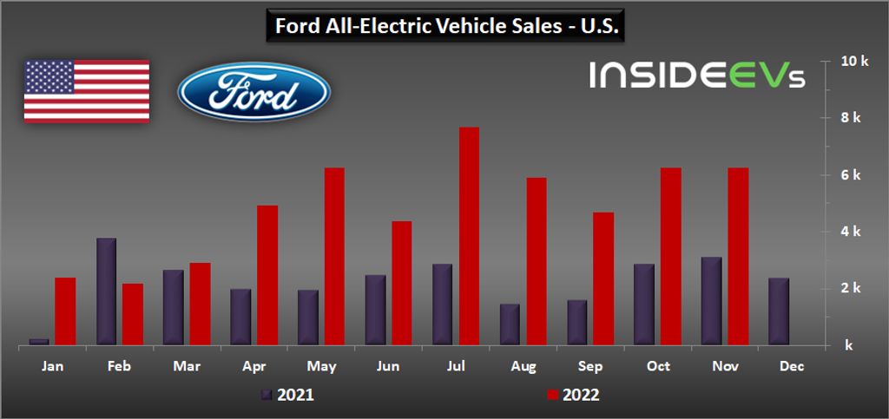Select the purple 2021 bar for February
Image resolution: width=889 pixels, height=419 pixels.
(106, 291)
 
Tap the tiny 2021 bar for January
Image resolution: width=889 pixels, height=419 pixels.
(38, 341)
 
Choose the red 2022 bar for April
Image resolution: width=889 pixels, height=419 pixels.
(267, 275)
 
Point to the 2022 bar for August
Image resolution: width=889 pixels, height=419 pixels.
(536, 261)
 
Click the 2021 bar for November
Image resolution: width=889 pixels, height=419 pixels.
(711, 301)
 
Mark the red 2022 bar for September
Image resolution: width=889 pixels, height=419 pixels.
(603, 278)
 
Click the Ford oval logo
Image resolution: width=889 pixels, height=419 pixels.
(254, 93)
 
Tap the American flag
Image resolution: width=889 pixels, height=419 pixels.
(86, 91)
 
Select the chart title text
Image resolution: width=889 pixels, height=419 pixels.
(444, 26)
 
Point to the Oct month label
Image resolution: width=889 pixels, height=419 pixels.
(659, 367)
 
